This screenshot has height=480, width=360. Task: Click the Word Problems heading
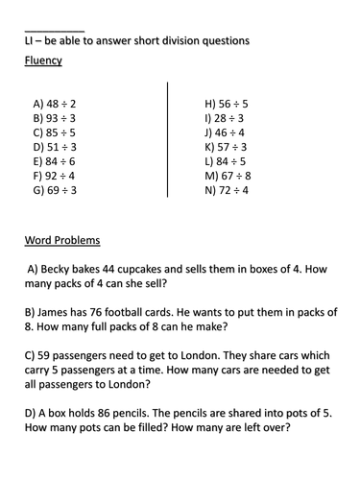[64, 239]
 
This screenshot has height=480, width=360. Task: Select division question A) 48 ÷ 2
[55, 103]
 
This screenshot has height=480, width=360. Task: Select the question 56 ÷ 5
[227, 103]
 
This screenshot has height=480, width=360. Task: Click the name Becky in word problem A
[62, 271]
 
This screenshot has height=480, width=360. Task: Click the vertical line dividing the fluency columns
[168, 144]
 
